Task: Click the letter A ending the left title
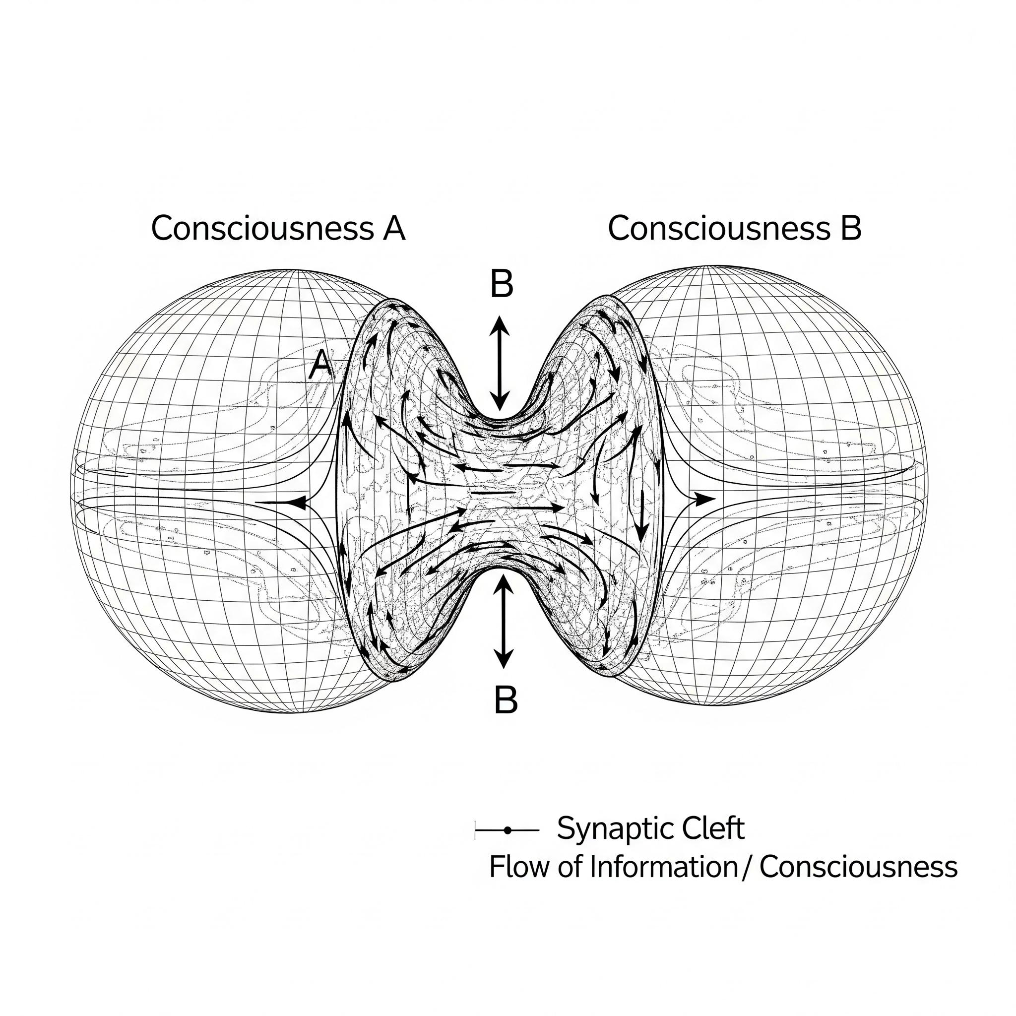pos(394,229)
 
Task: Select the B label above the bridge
pos(501,284)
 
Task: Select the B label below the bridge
pos(506,700)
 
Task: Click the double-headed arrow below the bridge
pos(504,621)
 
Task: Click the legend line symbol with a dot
pos(507,830)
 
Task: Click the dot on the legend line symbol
pos(507,830)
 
